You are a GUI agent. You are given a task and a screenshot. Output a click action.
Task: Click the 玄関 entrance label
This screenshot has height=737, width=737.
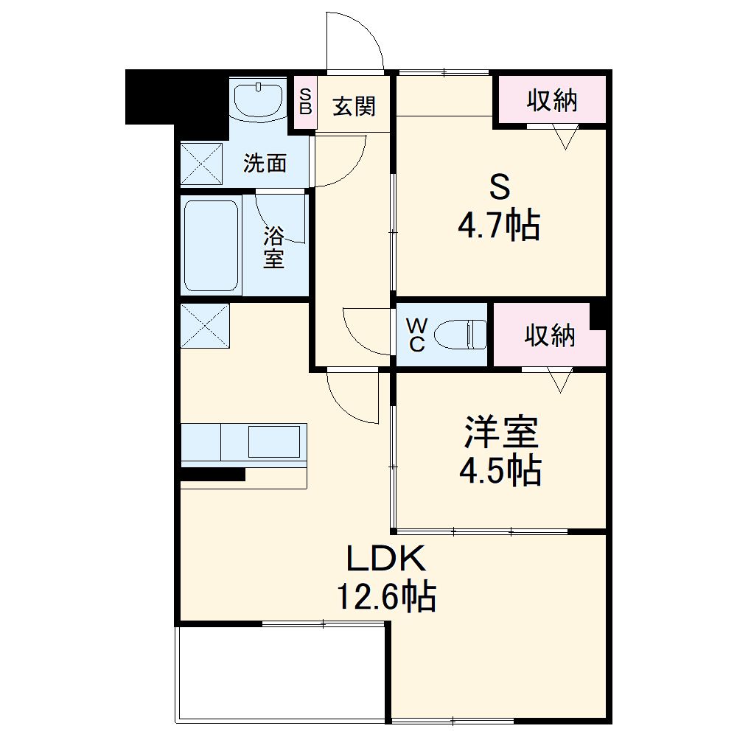(x=354, y=106)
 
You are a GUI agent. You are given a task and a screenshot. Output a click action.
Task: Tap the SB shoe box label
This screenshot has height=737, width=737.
(x=306, y=102)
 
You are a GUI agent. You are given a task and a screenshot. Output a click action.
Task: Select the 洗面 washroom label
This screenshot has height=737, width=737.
(x=265, y=163)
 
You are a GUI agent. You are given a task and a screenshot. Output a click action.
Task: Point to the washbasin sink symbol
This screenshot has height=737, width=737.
(x=259, y=100)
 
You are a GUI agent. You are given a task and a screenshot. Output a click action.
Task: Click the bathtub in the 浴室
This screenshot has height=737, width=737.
(x=211, y=245)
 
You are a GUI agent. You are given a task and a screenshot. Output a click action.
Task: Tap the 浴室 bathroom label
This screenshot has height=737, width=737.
(x=273, y=247)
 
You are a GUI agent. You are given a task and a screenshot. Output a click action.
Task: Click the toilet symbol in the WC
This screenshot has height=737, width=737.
(x=461, y=334)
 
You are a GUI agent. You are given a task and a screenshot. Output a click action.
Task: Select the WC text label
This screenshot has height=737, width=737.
(x=417, y=335)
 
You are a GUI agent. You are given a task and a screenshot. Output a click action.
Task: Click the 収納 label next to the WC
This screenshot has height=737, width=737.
(x=550, y=335)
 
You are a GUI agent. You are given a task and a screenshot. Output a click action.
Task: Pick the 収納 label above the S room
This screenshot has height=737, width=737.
(x=552, y=100)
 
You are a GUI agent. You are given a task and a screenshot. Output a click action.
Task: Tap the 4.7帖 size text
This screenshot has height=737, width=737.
(x=499, y=225)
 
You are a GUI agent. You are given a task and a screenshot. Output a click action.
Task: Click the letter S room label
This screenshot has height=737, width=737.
(x=500, y=186)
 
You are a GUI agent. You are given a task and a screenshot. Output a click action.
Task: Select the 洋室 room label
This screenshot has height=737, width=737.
(x=501, y=432)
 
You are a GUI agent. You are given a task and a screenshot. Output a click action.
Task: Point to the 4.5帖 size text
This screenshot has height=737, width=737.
(x=500, y=469)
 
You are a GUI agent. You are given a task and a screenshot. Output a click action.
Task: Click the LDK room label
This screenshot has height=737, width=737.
(x=386, y=558)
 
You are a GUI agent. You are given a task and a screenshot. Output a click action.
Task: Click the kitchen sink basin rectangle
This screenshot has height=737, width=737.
(x=274, y=441)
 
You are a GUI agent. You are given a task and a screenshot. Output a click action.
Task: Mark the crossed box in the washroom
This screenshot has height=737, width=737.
(x=202, y=164)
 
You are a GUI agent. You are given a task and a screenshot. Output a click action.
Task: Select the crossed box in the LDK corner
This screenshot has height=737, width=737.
(x=205, y=326)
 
